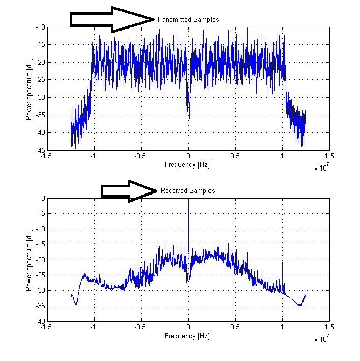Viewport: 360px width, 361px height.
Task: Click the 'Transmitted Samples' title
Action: coord(188,19)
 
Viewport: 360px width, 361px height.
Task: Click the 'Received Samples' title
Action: coord(188,190)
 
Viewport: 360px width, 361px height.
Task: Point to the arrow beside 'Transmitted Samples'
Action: coord(112,19)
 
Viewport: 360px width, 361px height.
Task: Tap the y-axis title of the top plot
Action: coord(29,89)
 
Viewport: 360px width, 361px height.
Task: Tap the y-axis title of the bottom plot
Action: coord(29,260)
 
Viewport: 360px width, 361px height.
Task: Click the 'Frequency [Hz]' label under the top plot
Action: coord(188,165)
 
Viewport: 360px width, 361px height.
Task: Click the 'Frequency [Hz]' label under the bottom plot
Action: coord(188,336)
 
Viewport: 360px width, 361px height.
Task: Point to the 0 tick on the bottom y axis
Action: coord(42,198)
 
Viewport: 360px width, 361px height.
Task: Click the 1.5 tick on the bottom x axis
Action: coord(329,328)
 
